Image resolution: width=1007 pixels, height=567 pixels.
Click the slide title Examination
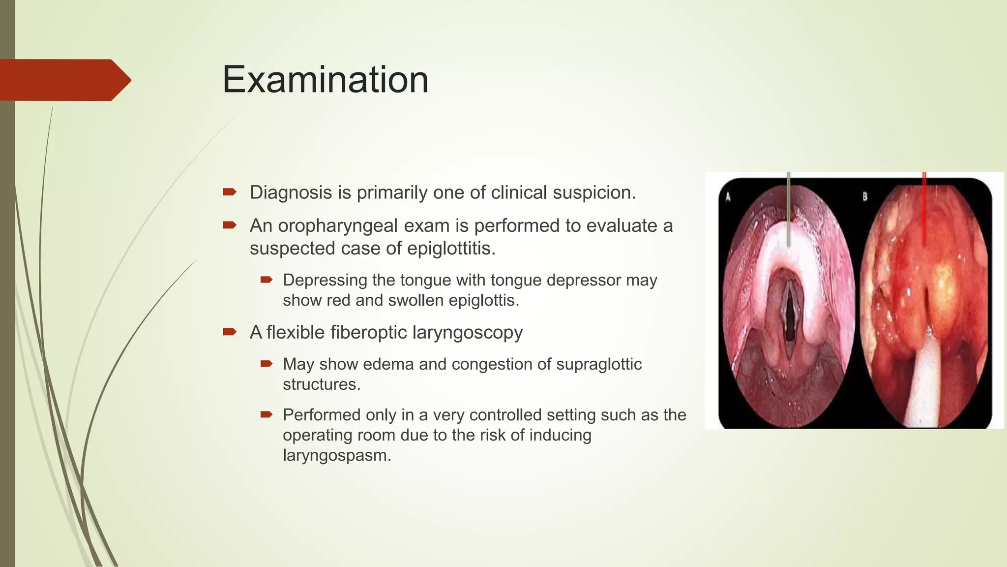point(325,80)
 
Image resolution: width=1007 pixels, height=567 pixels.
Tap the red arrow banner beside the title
point(64,80)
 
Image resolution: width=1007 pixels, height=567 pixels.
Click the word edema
point(388,364)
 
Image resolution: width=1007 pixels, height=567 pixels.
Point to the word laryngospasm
point(337,455)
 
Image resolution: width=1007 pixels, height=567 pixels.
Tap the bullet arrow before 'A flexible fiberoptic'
point(230,332)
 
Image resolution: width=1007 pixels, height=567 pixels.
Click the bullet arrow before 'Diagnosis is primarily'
point(230,192)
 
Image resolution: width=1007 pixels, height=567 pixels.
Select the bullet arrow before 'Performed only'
point(267,414)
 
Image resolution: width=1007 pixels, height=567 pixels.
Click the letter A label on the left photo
point(728,197)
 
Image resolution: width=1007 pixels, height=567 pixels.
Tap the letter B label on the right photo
point(865,197)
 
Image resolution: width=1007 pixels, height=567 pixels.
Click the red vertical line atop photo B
point(924,207)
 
